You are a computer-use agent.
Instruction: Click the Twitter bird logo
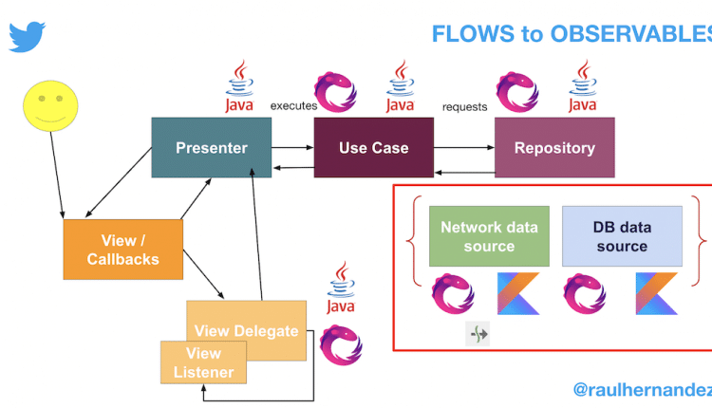(x=28, y=36)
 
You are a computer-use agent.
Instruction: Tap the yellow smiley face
(x=50, y=104)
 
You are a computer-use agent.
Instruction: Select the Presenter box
(x=211, y=148)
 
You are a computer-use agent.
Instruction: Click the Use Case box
(x=374, y=148)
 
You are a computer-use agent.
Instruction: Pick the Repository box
(x=554, y=148)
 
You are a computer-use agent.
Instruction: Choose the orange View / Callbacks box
(x=122, y=250)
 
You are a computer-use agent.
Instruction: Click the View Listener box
(x=203, y=362)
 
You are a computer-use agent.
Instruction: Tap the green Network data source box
(x=489, y=236)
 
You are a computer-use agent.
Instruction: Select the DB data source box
(x=622, y=236)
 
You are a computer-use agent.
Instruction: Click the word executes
(x=293, y=106)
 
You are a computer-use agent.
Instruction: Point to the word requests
(x=465, y=106)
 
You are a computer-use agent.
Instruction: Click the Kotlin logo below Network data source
(x=518, y=293)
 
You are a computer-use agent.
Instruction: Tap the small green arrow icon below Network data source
(x=477, y=334)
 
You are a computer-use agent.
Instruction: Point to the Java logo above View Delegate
(x=340, y=289)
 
